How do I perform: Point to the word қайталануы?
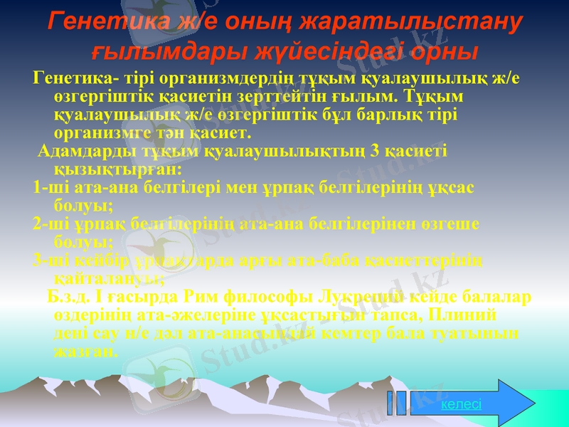pos(109,278)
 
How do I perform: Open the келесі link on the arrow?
pos(461,404)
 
